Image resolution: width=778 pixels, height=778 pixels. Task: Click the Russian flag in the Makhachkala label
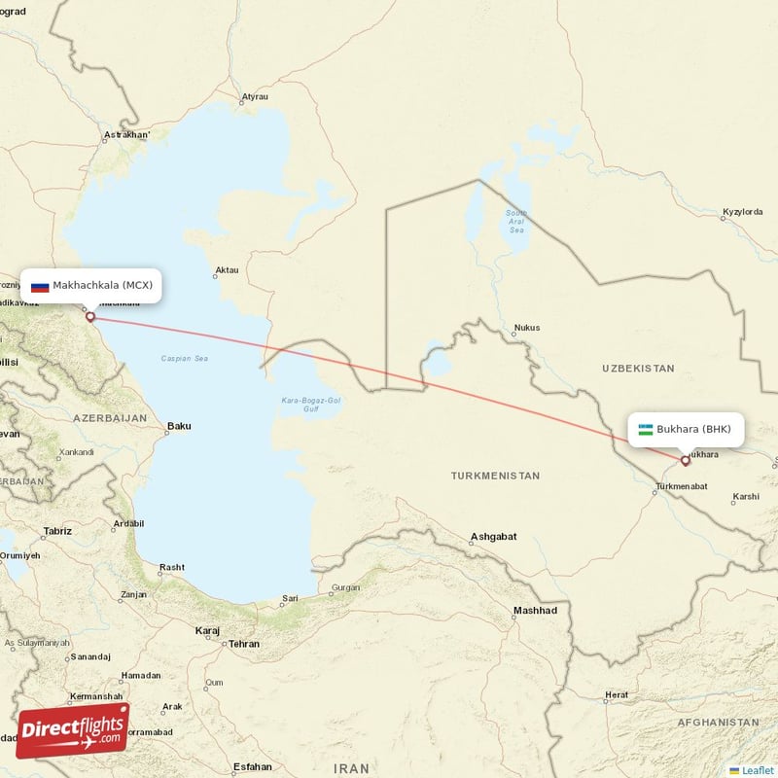(40, 286)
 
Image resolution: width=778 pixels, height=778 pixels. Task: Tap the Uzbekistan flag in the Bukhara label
(646, 429)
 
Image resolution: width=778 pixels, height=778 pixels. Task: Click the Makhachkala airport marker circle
(90, 316)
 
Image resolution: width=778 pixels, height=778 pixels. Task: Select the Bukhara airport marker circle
(685, 461)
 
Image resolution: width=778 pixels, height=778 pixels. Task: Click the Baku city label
(179, 426)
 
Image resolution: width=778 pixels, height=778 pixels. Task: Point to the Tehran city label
(244, 644)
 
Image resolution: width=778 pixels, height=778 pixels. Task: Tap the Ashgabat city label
(493, 536)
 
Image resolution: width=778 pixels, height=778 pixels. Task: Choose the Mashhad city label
(536, 611)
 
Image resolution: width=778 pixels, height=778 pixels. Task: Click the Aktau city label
(226, 270)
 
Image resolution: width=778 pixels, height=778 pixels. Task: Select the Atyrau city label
(255, 97)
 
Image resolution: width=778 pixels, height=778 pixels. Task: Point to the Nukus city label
(526, 329)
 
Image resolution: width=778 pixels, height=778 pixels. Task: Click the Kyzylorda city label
(742, 211)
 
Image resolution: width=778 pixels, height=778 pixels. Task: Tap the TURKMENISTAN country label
(495, 476)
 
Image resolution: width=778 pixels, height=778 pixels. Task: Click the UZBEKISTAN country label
(638, 369)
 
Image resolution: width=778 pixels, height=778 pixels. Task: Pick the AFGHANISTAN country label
(717, 723)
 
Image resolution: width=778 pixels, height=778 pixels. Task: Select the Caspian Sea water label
(185, 359)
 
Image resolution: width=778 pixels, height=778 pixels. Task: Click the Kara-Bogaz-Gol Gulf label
(310, 404)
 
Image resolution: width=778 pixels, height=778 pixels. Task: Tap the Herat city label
(617, 695)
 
